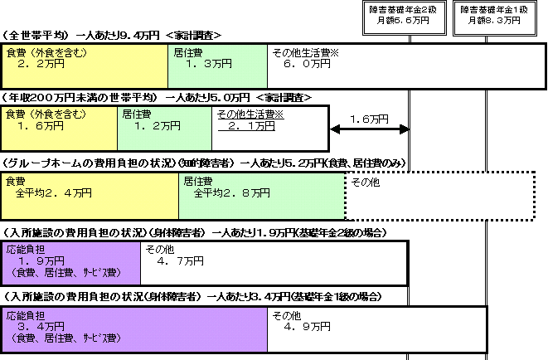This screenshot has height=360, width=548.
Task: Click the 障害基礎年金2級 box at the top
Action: click(405, 18)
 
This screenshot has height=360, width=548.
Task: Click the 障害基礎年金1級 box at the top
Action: click(495, 18)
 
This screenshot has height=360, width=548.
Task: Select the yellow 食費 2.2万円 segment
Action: click(85, 66)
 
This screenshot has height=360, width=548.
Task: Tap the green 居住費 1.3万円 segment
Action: click(218, 66)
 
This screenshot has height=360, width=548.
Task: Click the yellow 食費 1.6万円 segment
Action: click(60, 129)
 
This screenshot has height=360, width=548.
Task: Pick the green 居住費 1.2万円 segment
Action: click(165, 129)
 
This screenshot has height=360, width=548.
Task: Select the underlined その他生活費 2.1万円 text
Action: click(250, 120)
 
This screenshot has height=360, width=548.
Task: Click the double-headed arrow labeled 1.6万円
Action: click(370, 129)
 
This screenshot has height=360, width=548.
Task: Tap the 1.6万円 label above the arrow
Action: click(369, 119)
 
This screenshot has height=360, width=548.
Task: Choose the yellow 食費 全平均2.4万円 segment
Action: click(90, 196)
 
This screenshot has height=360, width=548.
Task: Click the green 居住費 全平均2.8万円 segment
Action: click(262, 196)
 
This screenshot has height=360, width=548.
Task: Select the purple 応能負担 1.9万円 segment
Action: click(71, 263)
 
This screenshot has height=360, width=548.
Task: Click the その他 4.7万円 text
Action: click(174, 255)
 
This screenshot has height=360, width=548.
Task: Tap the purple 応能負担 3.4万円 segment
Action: click(135, 329)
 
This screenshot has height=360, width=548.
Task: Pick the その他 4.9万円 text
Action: click(301, 321)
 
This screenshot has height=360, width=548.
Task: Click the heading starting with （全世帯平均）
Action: click(112, 36)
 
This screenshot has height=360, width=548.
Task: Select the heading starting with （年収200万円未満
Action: click(157, 98)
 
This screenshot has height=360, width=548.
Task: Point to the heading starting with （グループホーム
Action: click(204, 163)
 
